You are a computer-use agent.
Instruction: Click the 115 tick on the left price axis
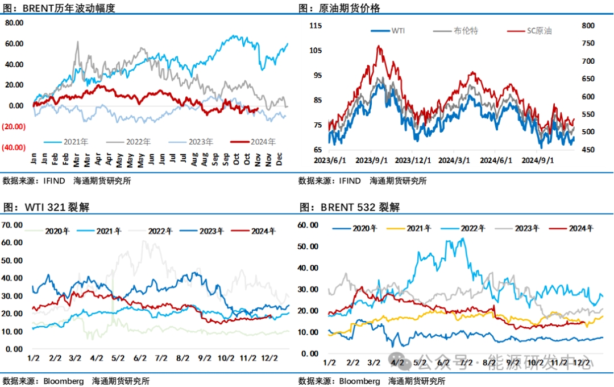(x=316, y=26)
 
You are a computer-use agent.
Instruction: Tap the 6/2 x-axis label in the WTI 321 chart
(x=139, y=359)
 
